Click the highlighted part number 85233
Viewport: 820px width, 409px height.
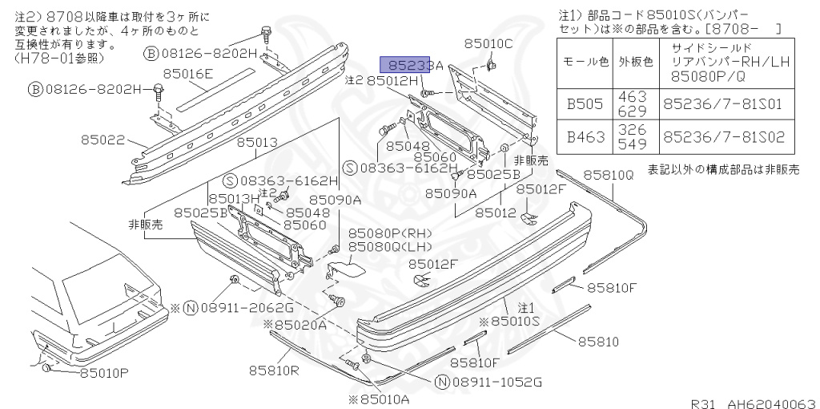tap(409, 66)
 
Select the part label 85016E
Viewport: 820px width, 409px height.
tap(188, 75)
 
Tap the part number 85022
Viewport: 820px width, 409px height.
tap(102, 140)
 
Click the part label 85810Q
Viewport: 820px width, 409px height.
tap(608, 174)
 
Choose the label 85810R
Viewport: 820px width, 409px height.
tap(273, 370)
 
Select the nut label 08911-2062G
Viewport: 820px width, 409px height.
tap(246, 307)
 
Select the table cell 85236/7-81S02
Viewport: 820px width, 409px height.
tap(726, 137)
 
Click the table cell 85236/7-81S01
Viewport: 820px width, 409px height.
tap(726, 104)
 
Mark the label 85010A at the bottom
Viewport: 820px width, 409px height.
tap(378, 399)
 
